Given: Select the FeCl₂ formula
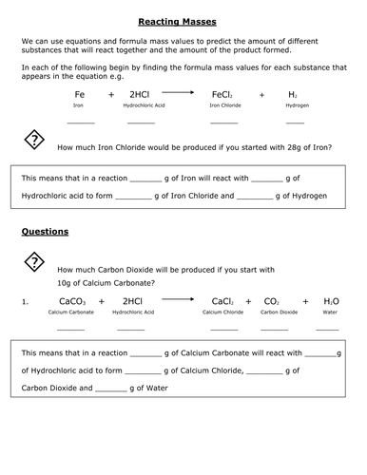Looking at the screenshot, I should pyautogui.click(x=223, y=96).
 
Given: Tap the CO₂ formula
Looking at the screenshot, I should pyautogui.click(x=271, y=301).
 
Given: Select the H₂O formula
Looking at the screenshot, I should pyautogui.click(x=331, y=301).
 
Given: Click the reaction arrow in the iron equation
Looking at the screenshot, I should pyautogui.click(x=178, y=93).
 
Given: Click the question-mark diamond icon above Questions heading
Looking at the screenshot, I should pyautogui.click(x=33, y=142).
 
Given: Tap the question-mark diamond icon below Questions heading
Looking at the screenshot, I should pyautogui.click(x=33, y=262).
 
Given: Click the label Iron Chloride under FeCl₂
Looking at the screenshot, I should pyautogui.click(x=223, y=107).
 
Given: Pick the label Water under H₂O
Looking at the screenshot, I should pyautogui.click(x=331, y=312).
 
